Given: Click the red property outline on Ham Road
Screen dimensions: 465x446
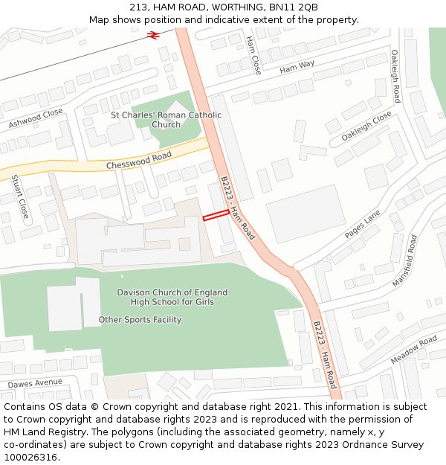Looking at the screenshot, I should (x=216, y=215).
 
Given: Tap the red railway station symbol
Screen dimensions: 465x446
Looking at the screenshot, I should (x=154, y=34).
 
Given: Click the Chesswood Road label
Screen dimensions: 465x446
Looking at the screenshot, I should (x=139, y=160).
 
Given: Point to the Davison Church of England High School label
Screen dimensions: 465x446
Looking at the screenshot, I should (x=172, y=297).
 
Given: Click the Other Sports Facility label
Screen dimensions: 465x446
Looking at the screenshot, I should (x=140, y=320).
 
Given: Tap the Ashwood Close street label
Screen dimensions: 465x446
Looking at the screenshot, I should (x=36, y=118).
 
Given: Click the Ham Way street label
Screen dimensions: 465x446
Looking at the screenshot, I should (x=297, y=68).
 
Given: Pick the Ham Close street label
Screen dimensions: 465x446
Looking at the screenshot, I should (x=253, y=54).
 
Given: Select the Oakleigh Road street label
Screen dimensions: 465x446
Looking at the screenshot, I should (x=395, y=77).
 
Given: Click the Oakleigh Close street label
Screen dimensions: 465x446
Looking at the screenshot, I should (x=366, y=126).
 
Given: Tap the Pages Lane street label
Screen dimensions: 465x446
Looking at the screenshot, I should (x=362, y=224).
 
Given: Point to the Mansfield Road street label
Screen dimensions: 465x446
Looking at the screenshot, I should (x=405, y=261).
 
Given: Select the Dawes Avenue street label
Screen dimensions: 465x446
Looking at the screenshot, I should (x=35, y=383).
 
